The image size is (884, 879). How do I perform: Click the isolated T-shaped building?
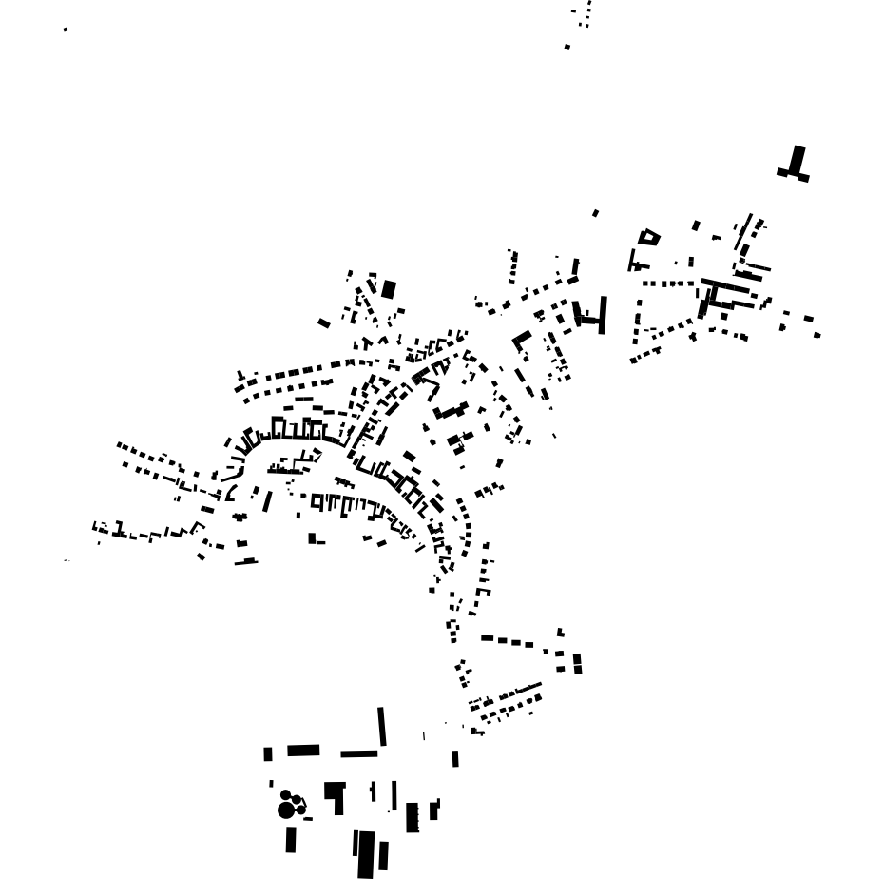pos(795,165)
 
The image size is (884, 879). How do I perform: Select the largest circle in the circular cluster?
pos(285,810)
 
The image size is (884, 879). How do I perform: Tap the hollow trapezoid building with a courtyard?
pos(649,236)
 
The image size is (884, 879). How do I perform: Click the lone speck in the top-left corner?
pos(66,29)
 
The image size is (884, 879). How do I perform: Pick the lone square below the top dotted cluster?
pos(567,47)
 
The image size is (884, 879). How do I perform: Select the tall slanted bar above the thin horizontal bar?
pos(382,727)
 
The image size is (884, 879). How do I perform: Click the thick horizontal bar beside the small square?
pos(303,751)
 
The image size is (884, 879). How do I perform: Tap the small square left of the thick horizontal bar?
pos(268,754)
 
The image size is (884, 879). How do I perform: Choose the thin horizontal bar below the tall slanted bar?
pos(359,754)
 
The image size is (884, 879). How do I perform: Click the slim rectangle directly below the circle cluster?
pos(291,840)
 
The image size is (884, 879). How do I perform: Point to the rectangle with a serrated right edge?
pos(413,817)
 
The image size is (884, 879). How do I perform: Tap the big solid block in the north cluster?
pos(389,289)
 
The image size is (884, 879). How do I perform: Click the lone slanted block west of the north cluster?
pos(324,323)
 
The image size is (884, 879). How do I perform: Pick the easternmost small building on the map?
pos(817,335)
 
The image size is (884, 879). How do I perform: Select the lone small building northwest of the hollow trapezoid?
pos(596,213)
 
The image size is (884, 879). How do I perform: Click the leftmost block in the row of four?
pos(488,638)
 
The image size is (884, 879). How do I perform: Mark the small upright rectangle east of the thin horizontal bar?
pos(455,759)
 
